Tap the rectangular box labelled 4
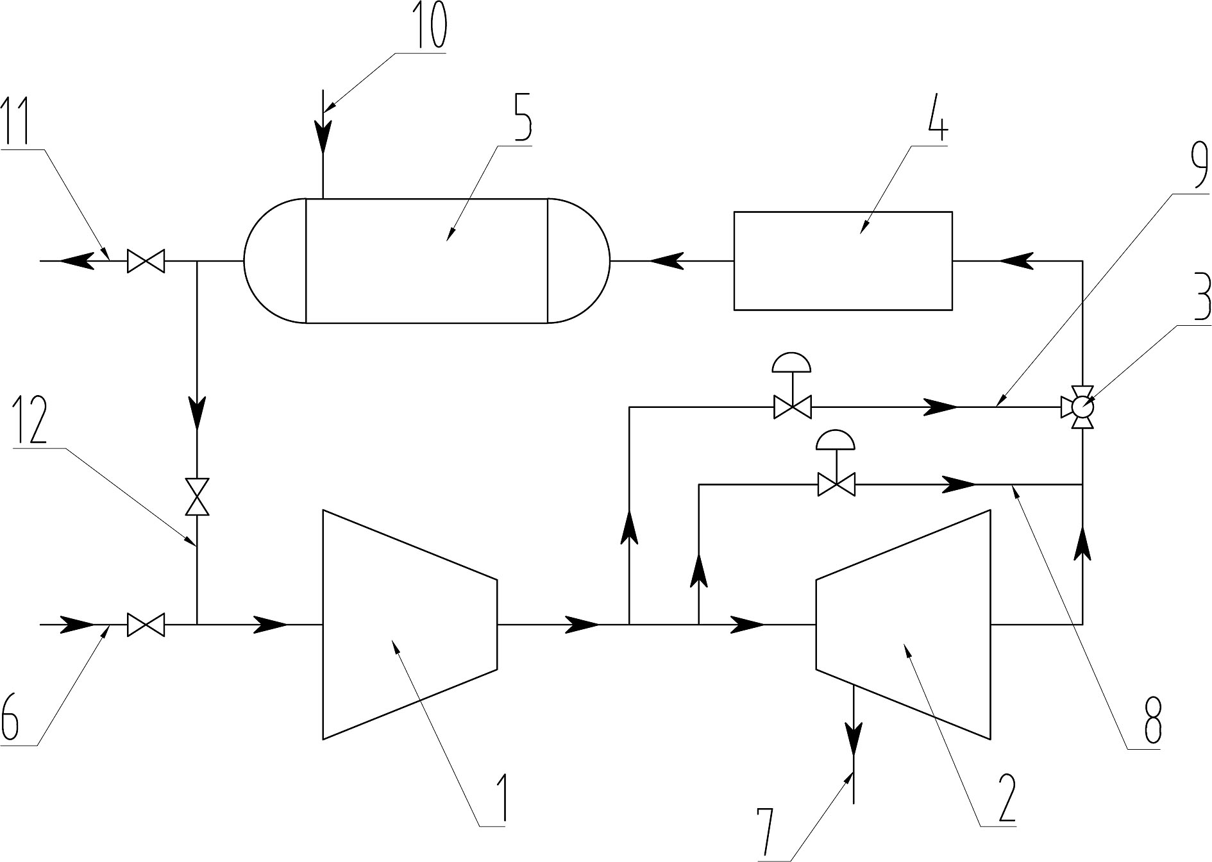(843, 261)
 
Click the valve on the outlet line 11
(146, 261)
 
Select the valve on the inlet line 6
(146, 623)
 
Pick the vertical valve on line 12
(197, 496)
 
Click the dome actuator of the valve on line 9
(792, 363)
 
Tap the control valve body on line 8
(836, 484)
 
